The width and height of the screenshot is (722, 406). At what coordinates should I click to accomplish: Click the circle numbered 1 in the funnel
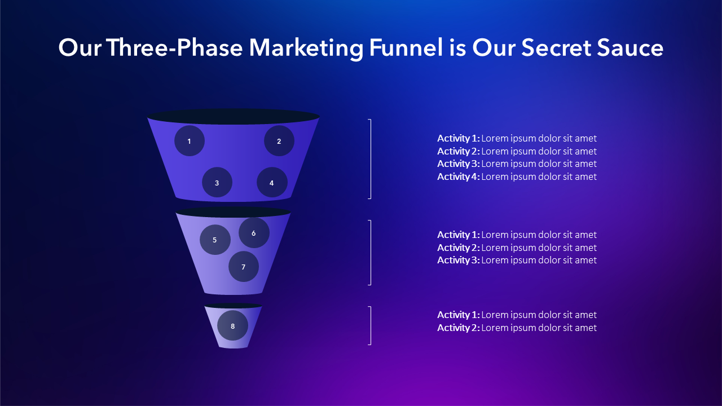(x=190, y=141)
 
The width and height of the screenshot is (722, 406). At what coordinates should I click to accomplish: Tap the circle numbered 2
(x=279, y=141)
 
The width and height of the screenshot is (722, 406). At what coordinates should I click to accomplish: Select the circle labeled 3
(x=217, y=182)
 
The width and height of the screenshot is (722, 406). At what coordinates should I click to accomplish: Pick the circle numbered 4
(x=272, y=182)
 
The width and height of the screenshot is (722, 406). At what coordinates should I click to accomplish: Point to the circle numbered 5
(x=215, y=240)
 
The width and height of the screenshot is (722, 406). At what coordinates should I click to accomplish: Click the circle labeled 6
(x=254, y=233)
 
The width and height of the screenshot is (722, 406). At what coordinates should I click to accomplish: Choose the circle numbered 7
(x=244, y=267)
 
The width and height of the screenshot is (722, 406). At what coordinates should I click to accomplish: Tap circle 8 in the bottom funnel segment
(x=233, y=325)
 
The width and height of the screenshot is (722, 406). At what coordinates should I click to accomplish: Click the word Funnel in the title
(x=406, y=48)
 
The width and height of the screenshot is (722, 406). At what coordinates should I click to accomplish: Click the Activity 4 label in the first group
(x=459, y=176)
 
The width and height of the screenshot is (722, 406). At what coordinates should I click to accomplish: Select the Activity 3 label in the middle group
(x=459, y=260)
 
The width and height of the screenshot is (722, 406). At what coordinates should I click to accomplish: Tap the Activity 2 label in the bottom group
(x=459, y=328)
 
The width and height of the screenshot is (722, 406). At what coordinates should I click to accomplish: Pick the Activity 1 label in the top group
(x=459, y=138)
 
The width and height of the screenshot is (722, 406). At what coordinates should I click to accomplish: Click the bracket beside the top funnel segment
(x=371, y=159)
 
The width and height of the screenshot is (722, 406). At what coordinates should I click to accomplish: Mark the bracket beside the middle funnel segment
(x=371, y=253)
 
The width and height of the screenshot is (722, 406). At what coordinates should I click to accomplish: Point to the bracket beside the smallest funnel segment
(x=371, y=326)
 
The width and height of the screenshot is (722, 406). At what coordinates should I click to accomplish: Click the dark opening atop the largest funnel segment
(x=234, y=117)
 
